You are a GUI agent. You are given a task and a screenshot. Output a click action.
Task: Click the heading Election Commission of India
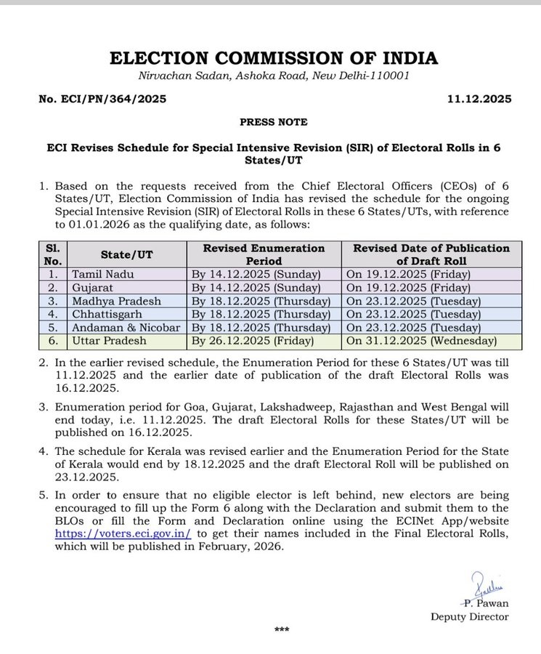(274, 58)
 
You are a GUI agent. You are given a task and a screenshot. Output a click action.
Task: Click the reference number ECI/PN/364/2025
(102, 99)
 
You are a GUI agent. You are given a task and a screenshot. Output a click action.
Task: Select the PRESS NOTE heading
(273, 122)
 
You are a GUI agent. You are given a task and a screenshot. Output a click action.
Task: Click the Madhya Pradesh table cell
(115, 301)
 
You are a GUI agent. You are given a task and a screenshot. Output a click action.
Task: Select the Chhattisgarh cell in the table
(105, 314)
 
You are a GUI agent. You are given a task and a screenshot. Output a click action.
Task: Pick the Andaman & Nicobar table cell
(126, 327)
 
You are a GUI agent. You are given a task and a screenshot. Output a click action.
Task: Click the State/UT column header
(126, 254)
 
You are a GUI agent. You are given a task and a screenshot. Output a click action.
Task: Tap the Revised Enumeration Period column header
(263, 254)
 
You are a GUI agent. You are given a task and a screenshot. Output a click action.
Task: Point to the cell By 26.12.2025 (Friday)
(252, 340)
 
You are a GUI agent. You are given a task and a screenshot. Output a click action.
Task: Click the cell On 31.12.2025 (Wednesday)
(421, 340)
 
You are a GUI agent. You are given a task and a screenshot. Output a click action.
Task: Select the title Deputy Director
(469, 617)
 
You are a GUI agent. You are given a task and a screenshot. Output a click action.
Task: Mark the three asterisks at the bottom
(282, 630)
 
